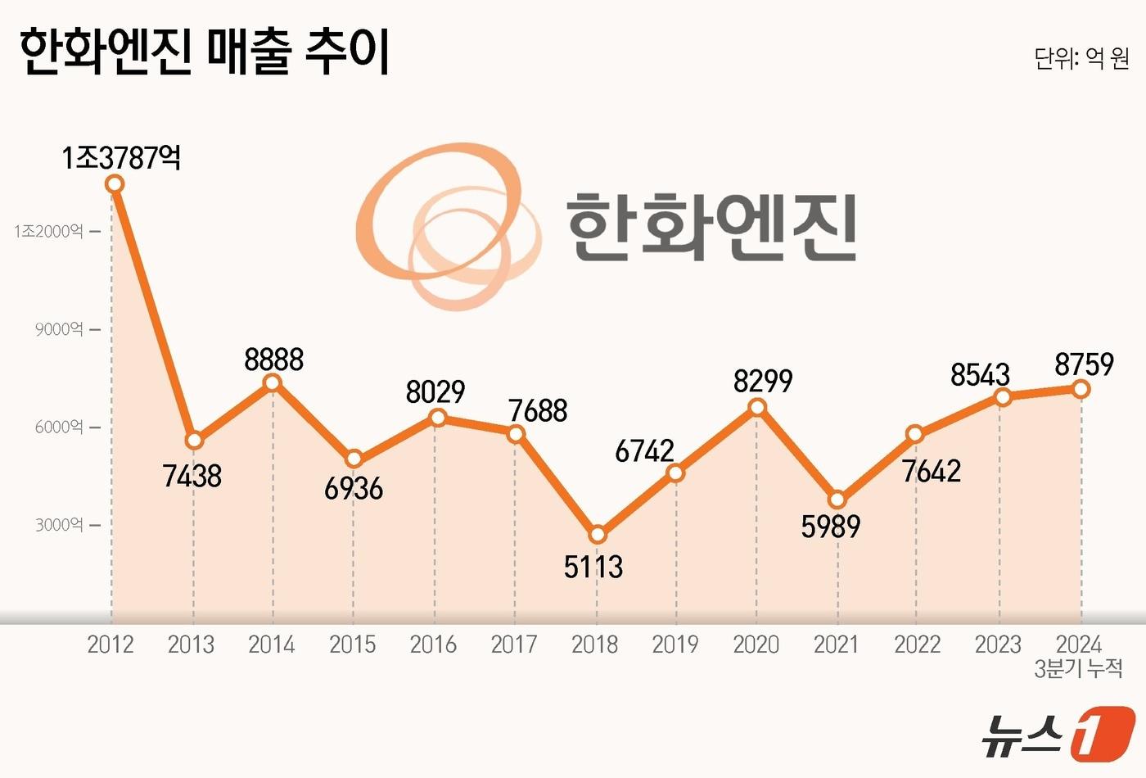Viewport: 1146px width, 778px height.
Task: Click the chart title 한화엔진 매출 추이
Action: point(204,52)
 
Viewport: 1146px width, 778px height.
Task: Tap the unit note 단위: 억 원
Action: point(1081,58)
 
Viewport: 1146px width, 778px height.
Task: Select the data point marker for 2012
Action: point(115,184)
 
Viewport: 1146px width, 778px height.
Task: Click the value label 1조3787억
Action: point(121,157)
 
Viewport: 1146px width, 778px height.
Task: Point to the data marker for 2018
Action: point(598,535)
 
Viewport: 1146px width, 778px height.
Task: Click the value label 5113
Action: point(593,567)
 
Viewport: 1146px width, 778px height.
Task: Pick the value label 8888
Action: point(273,360)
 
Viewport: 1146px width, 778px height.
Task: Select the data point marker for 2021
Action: point(837,500)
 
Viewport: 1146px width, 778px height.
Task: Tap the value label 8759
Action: point(1084,364)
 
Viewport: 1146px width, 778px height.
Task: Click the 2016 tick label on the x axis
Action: point(433,645)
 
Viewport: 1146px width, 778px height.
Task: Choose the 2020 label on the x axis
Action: point(756,645)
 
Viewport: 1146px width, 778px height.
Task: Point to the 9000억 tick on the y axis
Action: point(59,329)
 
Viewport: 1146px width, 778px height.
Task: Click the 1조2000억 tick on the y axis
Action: point(49,231)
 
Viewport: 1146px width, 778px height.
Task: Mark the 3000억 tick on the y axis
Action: point(59,525)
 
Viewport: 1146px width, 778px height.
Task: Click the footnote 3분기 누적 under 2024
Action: point(1078,669)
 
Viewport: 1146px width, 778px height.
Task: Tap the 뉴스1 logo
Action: point(1058,731)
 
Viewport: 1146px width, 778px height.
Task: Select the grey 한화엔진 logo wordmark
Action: point(711,227)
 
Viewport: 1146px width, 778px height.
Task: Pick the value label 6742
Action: point(644,450)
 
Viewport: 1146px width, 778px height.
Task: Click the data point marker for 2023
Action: point(1003,397)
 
